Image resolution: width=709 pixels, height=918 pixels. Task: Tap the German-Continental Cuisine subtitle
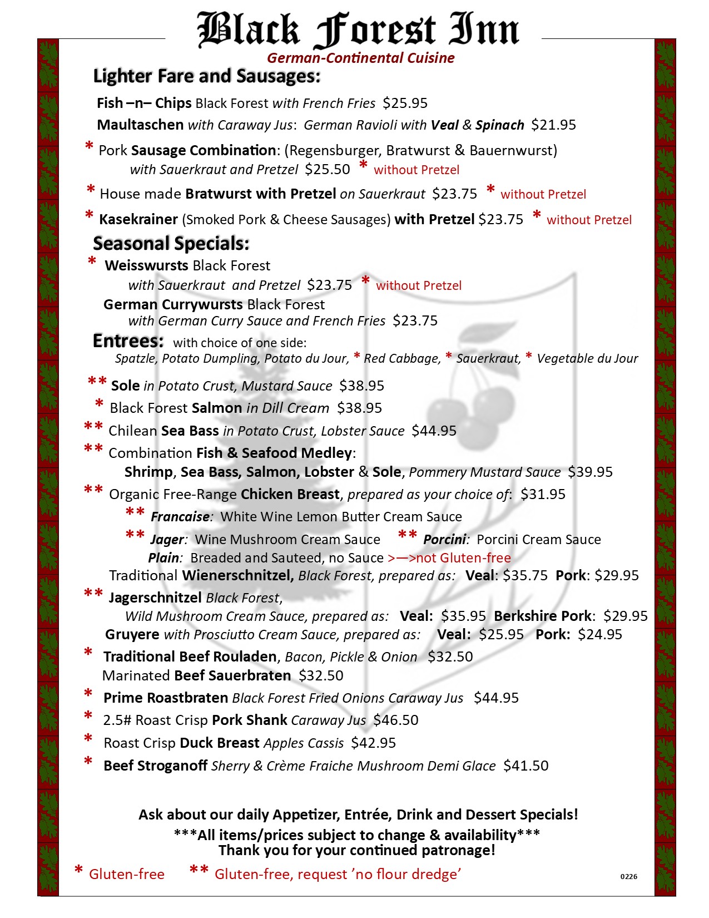(x=360, y=58)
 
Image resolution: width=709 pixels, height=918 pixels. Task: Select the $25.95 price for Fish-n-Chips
(x=405, y=103)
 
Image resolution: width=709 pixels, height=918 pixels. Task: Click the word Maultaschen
(x=140, y=125)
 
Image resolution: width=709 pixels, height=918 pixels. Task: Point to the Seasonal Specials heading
(x=171, y=244)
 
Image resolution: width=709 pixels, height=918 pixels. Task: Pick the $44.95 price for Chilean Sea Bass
(x=434, y=431)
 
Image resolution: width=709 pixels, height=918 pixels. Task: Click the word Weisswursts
(x=147, y=266)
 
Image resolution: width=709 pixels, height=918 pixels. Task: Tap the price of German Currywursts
(x=415, y=321)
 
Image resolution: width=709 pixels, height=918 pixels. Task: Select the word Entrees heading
(x=128, y=340)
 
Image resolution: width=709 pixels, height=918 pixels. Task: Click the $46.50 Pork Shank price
(x=395, y=720)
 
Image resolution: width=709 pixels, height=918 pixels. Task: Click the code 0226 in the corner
(x=629, y=877)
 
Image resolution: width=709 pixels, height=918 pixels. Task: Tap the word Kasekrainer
(x=138, y=219)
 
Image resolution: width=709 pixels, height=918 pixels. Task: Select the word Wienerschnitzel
(x=237, y=575)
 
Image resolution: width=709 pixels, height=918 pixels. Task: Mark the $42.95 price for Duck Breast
(x=373, y=743)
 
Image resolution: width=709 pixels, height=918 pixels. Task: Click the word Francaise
(x=180, y=517)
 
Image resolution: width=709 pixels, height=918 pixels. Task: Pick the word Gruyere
(x=132, y=634)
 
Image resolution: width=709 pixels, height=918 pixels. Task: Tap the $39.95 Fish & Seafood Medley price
(x=590, y=472)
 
